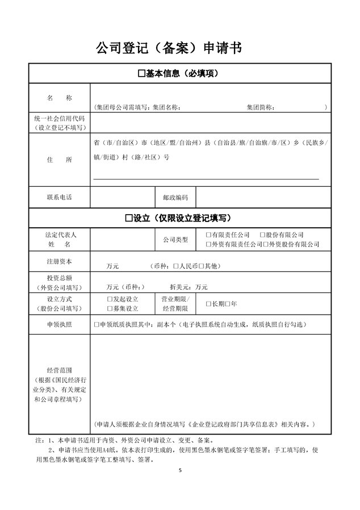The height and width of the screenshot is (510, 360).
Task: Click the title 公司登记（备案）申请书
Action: click(x=169, y=48)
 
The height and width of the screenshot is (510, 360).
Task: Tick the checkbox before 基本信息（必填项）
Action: click(x=141, y=74)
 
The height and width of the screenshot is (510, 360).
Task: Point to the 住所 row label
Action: click(x=59, y=160)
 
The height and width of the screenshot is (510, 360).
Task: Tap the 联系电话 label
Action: click(x=59, y=198)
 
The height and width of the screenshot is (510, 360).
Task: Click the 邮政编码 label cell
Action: click(x=175, y=198)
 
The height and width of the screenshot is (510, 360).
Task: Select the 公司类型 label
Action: click(x=175, y=239)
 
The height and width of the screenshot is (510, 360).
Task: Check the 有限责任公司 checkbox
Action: click(x=208, y=235)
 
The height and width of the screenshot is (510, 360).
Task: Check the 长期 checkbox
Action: click(x=208, y=304)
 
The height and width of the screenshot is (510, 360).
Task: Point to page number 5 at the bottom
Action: click(x=180, y=470)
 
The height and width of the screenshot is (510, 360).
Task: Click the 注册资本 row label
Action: click(x=59, y=262)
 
